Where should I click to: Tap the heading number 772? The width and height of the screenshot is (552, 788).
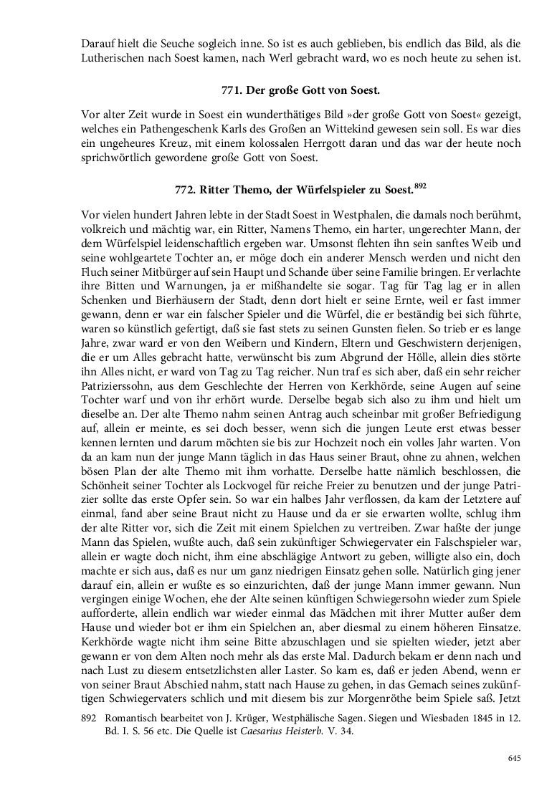(186, 190)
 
